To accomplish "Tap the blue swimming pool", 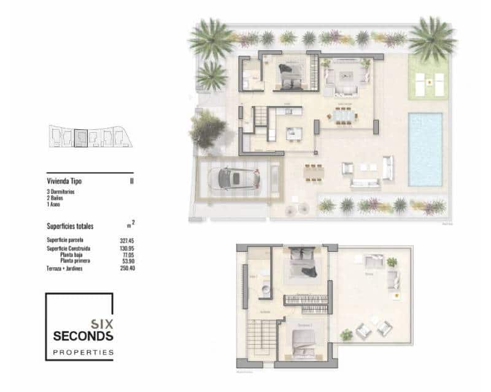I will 425,149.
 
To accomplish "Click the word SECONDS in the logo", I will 83,336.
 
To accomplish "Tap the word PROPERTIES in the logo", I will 83,352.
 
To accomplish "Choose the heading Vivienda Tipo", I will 64,182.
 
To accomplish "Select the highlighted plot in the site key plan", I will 80,138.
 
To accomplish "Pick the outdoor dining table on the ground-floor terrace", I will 314,172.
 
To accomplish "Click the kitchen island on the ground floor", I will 290,131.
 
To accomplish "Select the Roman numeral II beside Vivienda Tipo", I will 132,182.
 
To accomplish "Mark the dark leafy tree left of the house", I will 207,129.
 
